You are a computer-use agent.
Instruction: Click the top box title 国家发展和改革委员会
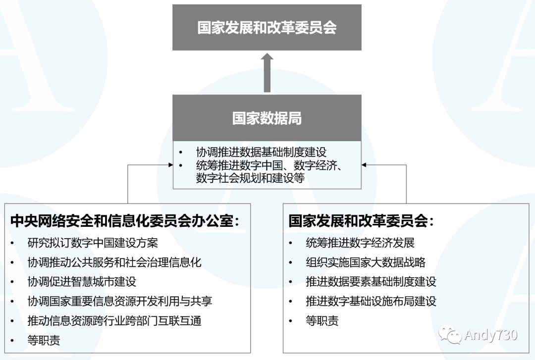click(267, 27)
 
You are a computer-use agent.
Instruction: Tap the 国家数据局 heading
click(267, 118)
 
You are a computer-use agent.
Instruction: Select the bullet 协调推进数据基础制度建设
click(261, 152)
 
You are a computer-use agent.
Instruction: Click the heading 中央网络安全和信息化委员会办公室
click(124, 221)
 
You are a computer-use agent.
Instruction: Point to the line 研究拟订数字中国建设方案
click(93, 243)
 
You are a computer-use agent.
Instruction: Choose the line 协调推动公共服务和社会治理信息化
click(114, 262)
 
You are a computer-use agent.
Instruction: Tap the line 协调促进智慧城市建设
click(82, 282)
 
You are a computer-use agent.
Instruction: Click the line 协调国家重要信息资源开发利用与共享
click(120, 301)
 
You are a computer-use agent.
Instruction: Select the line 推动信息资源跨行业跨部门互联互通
click(114, 320)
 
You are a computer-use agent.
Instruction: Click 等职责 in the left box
click(44, 340)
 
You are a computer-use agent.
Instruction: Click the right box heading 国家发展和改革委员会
click(361, 221)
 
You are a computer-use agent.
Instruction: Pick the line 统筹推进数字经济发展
click(360, 243)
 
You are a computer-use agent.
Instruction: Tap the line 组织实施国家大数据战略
click(366, 262)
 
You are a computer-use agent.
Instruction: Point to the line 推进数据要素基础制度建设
click(371, 282)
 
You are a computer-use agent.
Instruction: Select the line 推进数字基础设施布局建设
click(371, 301)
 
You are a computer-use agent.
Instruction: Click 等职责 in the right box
click(322, 321)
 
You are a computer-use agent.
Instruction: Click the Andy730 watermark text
click(491, 335)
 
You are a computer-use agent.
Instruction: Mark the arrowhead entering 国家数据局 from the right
click(365, 165)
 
